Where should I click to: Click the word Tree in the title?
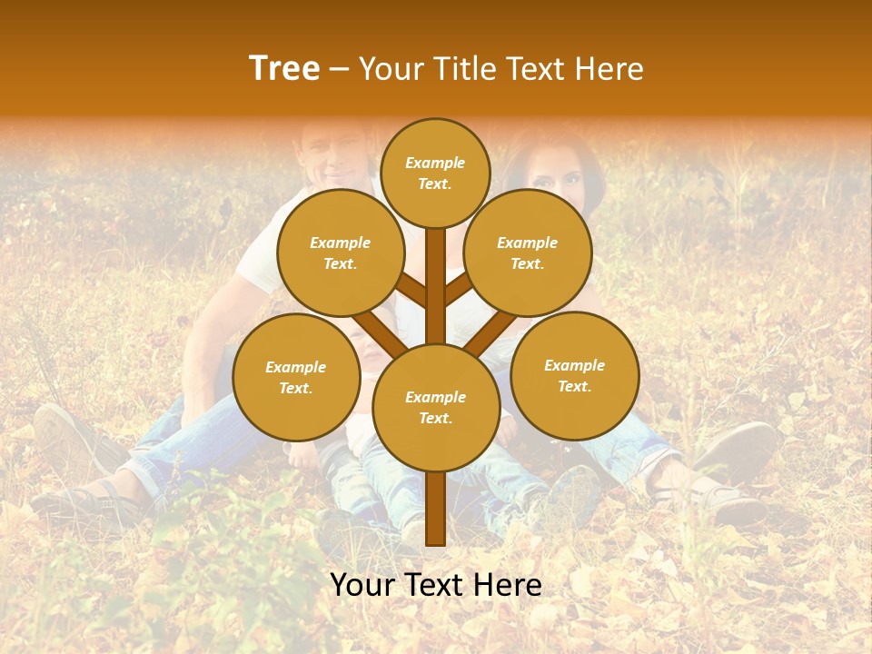coord(284,69)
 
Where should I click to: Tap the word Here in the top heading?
coord(610,69)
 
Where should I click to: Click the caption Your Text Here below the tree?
coord(436,585)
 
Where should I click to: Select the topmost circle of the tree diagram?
coord(435,173)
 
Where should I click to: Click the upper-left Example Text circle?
coord(340,253)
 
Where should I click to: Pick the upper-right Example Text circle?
coord(528,253)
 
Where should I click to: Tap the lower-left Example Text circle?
coord(296,378)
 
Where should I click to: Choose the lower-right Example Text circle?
coord(574,376)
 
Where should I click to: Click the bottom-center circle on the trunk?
coord(436,408)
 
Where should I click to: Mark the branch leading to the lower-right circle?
coord(491,332)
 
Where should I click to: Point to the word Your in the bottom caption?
coord(363,585)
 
